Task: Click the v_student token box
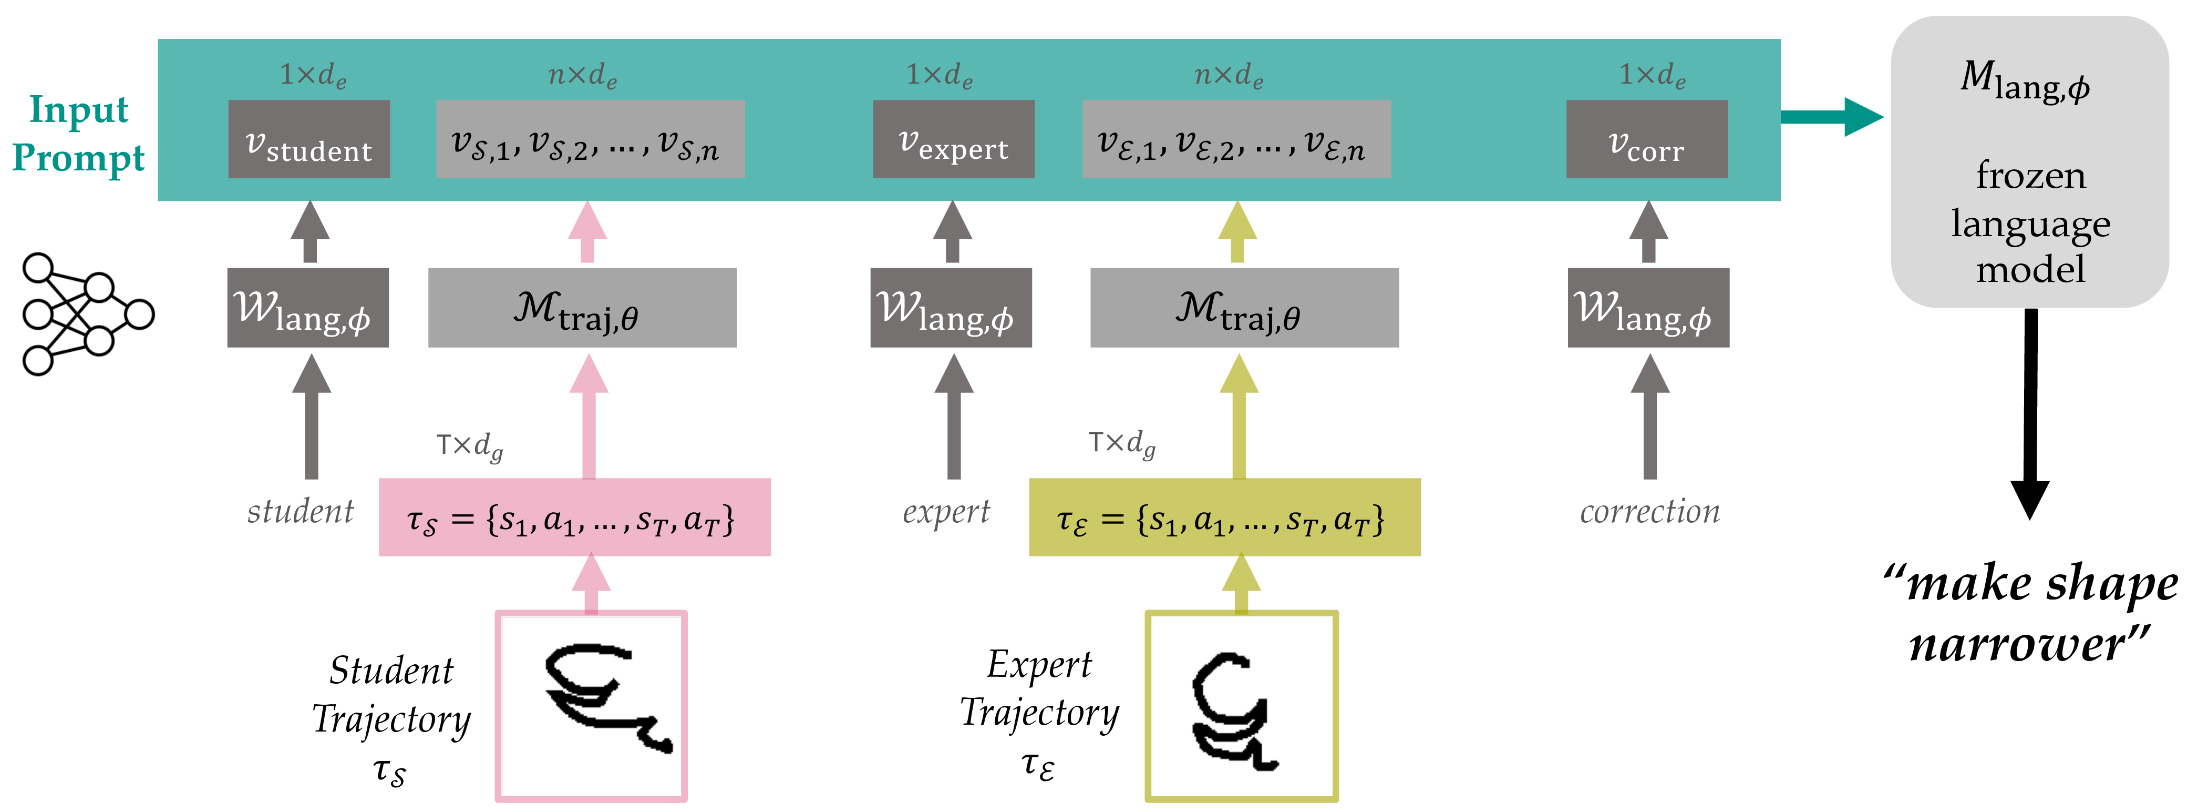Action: [x=308, y=139]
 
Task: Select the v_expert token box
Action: [x=953, y=139]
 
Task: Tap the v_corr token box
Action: [x=1647, y=139]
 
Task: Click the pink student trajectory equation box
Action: [x=574, y=517]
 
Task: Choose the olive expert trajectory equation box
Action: [x=1224, y=517]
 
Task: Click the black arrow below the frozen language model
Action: [x=2030, y=413]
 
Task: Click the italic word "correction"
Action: [x=1649, y=512]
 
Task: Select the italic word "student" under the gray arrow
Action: [x=300, y=512]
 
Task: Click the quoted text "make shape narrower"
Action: [x=2030, y=614]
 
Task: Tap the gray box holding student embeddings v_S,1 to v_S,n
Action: [x=590, y=139]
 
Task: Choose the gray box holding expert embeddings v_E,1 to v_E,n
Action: [x=1236, y=139]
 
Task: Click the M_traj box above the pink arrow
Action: [x=582, y=308]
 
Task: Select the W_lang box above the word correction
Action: [x=1648, y=308]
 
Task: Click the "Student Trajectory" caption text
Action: [x=391, y=695]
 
